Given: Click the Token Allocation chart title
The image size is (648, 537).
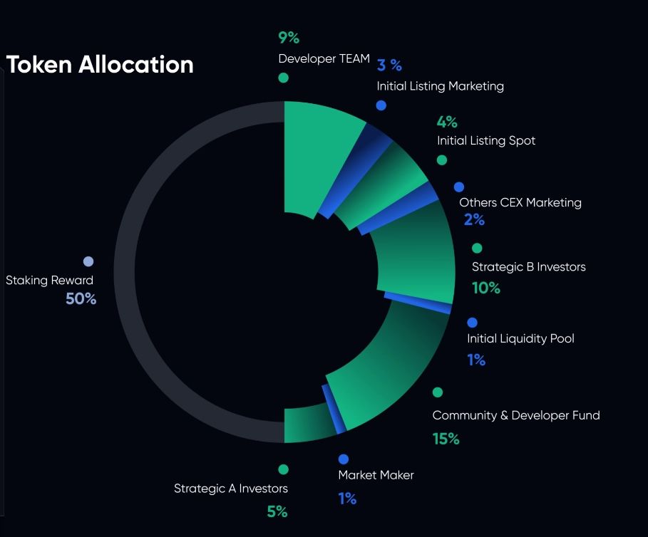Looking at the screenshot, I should point(100,64).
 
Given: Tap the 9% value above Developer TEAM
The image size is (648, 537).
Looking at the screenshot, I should point(289,38).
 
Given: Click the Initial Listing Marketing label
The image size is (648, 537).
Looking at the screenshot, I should point(440,86).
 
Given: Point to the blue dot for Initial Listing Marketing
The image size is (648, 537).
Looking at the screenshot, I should point(381,105).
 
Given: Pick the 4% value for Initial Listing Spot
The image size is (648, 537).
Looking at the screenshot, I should point(447,122).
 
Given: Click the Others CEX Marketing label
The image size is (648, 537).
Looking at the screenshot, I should point(520,203).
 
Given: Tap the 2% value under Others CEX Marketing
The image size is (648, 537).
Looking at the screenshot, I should point(474,220).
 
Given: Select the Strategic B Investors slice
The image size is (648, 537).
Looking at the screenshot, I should point(417,260).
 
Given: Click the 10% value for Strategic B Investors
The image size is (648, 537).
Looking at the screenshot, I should point(486,288).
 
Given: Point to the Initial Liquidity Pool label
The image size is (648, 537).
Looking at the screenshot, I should point(520,338).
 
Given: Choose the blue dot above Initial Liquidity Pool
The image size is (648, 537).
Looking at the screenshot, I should point(472,323).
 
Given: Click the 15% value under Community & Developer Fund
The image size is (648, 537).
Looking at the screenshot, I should point(446,439).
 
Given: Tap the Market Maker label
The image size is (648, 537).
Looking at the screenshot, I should point(376,475).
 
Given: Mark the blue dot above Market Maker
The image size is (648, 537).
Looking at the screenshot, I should point(344,459).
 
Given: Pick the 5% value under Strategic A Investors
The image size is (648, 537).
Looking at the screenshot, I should point(277,511).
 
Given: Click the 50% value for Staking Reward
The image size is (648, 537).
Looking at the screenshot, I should point(81,299).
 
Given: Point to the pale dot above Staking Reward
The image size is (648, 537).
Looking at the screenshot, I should point(88,262).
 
